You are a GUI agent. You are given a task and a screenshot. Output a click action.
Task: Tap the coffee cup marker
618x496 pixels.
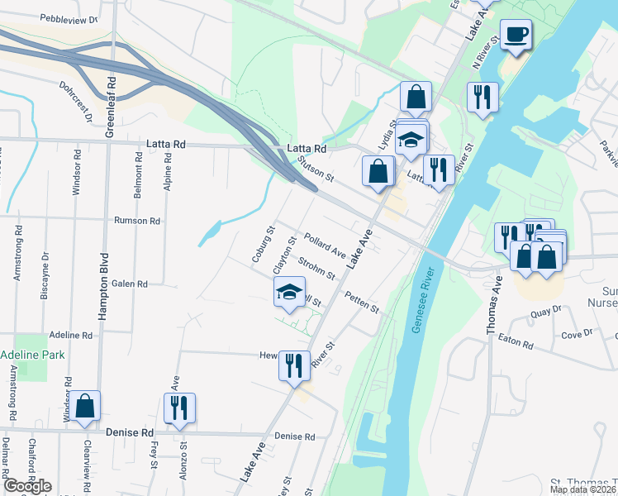pyautogui.click(x=516, y=36)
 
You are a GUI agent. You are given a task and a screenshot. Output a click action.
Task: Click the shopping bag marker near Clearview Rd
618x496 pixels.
pyautogui.click(x=85, y=407)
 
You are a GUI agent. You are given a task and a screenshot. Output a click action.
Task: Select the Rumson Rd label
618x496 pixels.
pyautogui.click(x=136, y=221)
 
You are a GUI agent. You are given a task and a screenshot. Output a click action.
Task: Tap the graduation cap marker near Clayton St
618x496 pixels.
pyautogui.click(x=289, y=292)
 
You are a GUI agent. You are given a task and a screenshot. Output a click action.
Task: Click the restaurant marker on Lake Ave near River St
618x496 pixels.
pyautogui.click(x=294, y=364)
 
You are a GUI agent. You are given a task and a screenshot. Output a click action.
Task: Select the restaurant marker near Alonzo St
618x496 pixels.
pyautogui.click(x=178, y=408)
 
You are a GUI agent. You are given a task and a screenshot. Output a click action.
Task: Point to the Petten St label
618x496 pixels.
pyautogui.click(x=362, y=302)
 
